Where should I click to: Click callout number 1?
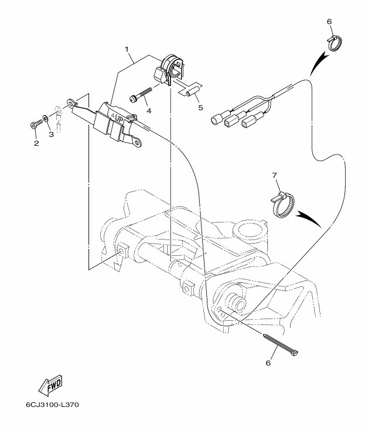[x=127, y=49]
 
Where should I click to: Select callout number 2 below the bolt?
[x=36, y=143]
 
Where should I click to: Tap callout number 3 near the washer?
[x=51, y=134]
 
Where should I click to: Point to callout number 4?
[x=149, y=111]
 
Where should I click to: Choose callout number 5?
[x=200, y=108]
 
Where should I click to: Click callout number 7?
[x=275, y=176]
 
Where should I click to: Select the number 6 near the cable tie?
[x=268, y=363]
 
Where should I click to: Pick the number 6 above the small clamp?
[x=329, y=21]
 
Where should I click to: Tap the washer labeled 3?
[x=45, y=119]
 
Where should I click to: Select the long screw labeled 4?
[x=141, y=95]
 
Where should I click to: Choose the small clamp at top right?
[x=335, y=43]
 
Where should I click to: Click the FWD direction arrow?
[x=50, y=386]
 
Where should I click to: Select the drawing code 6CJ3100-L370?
[x=53, y=405]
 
